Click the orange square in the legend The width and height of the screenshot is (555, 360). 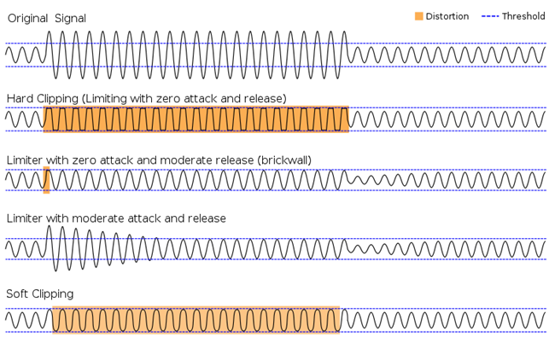click(418, 16)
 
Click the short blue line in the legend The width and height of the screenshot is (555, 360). click(490, 16)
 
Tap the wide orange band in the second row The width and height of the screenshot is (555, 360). click(196, 119)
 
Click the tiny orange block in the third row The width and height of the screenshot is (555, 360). click(46, 180)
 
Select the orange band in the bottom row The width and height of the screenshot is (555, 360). click(196, 320)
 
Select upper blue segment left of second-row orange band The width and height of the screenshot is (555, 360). click(23, 107)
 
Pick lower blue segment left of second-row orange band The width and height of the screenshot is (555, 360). click(23, 131)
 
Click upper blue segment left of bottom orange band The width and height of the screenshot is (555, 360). click(27, 308)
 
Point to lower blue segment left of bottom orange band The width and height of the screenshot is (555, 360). click(27, 331)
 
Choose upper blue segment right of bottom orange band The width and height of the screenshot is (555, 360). click(444, 308)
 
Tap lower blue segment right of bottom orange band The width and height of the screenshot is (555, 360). click(444, 331)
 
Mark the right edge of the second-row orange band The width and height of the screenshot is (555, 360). click(348, 119)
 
